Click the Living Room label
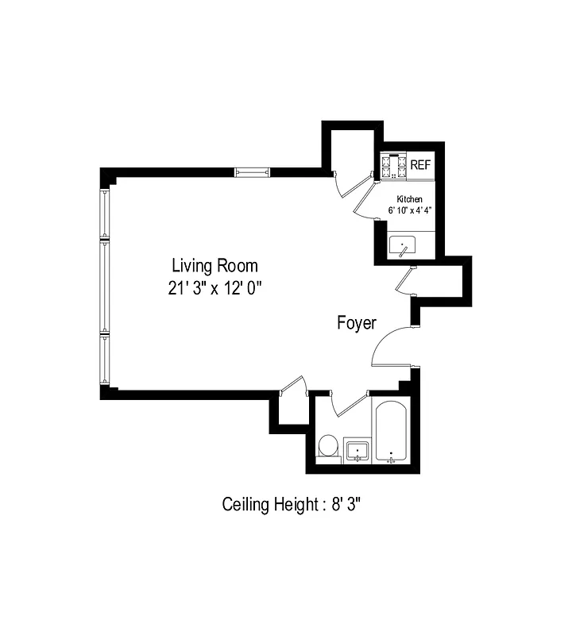[214, 265]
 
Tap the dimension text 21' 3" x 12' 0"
[214, 287]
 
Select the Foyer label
[357, 323]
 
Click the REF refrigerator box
[420, 165]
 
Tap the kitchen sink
[404, 247]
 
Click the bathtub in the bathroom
[391, 433]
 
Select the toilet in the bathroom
[327, 446]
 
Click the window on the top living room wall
[253, 171]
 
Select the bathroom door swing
[347, 404]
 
